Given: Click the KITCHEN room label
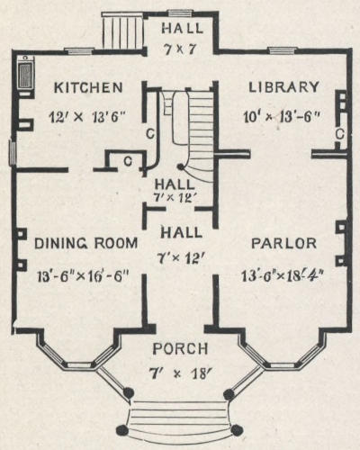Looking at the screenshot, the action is (x=88, y=87).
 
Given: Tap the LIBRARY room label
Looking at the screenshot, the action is (x=283, y=87).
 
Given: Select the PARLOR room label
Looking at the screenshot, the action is (x=283, y=243).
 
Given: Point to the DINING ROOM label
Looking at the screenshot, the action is (x=86, y=243).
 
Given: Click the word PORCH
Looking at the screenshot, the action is (x=180, y=348).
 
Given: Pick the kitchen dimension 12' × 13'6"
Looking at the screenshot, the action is (x=86, y=116).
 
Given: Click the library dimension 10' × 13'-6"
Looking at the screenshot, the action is (x=280, y=116).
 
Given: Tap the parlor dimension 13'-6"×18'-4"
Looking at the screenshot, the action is (x=283, y=276).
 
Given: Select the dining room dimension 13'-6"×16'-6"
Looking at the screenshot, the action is (x=83, y=276).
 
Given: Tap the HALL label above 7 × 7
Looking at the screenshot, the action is (x=183, y=28).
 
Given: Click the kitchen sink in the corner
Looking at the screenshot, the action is (x=25, y=75).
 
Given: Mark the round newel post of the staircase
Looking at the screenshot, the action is (x=181, y=166).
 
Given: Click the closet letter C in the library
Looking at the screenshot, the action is (x=339, y=134).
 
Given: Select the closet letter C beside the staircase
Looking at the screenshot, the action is (x=150, y=134).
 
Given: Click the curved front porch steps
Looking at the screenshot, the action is (x=180, y=417).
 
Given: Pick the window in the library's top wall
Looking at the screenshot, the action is (x=281, y=50).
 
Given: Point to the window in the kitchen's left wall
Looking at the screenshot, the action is (x=12, y=152).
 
